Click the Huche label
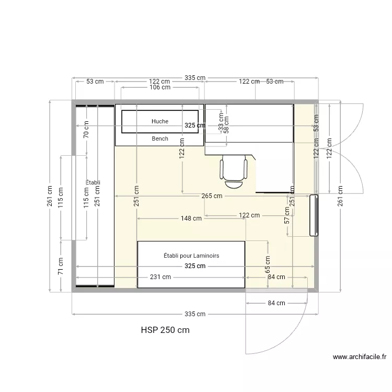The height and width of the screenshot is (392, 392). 160,121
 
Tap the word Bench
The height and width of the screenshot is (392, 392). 160,139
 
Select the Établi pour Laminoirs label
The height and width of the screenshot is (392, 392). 191,256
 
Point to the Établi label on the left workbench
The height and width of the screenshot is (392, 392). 93,182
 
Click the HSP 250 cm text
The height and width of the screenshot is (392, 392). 165,330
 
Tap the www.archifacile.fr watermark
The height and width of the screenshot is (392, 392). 360,358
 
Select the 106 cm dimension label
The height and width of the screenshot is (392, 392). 159,88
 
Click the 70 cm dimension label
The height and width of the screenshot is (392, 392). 87,130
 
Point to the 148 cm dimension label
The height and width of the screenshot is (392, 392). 191,219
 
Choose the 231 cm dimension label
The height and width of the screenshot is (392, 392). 160,277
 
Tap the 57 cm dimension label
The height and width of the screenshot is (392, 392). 287,215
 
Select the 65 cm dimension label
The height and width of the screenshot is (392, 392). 268,263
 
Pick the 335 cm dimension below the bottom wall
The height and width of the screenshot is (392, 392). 194,314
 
